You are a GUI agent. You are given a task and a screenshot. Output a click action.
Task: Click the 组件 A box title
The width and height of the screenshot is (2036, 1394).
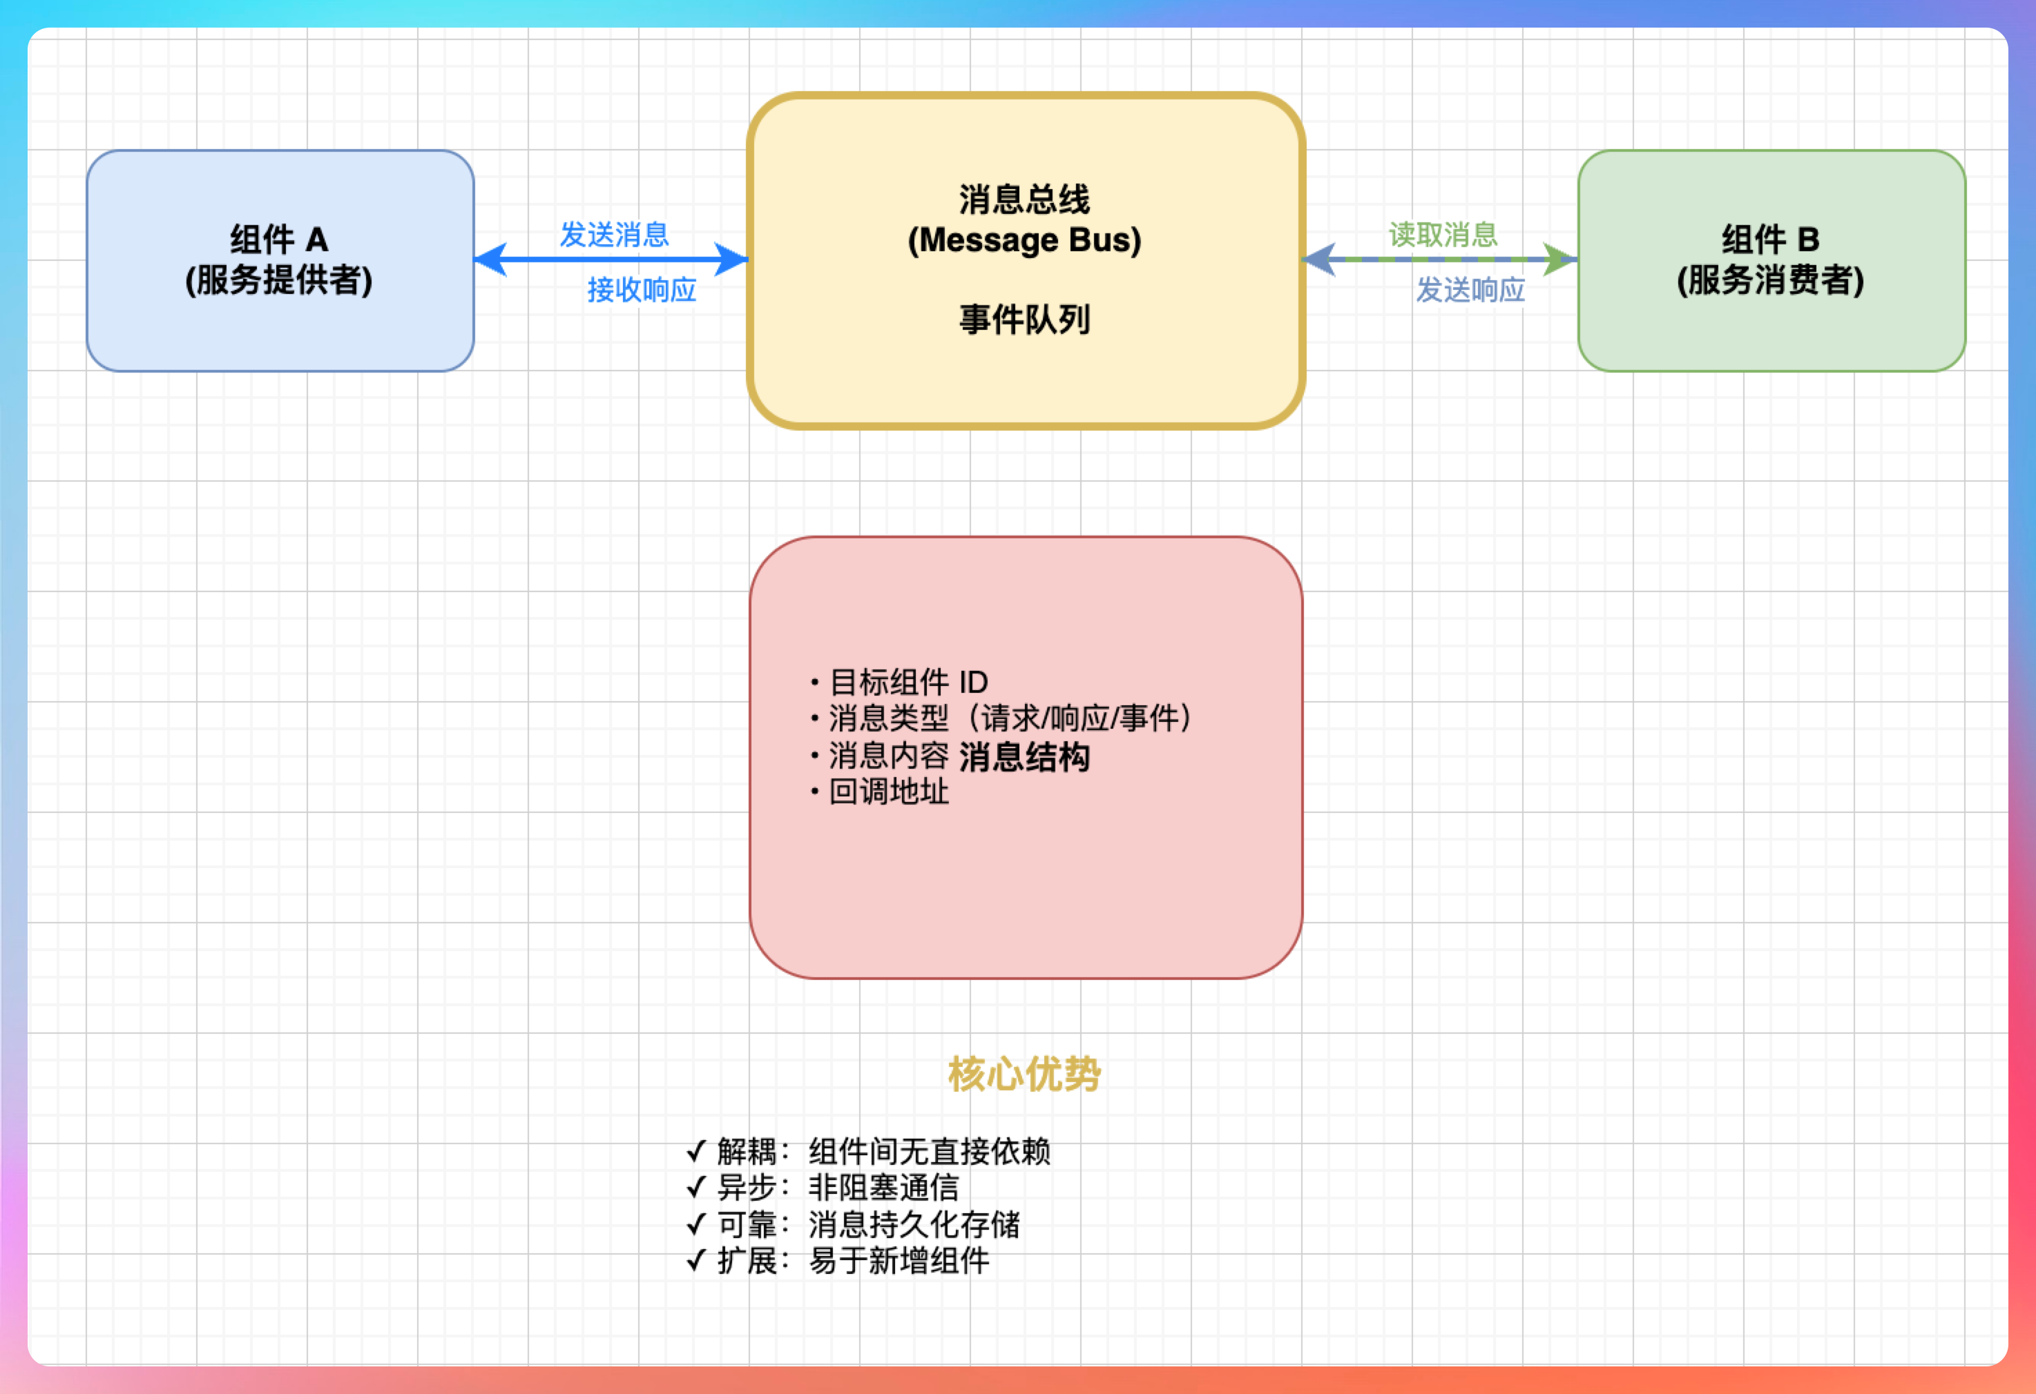(278, 239)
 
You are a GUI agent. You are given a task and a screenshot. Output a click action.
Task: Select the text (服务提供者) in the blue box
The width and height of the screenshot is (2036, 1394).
(278, 280)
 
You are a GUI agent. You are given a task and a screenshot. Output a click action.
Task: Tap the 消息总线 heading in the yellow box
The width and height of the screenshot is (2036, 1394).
(1024, 199)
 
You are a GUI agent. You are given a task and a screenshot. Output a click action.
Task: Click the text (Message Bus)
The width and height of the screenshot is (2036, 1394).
(1024, 240)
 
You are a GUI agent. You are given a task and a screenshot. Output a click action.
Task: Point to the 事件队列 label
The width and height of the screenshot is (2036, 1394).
(1024, 320)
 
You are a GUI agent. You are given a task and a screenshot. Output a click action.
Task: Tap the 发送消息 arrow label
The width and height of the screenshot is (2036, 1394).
(614, 235)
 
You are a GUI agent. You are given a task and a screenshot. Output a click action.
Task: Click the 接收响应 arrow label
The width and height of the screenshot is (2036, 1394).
(642, 290)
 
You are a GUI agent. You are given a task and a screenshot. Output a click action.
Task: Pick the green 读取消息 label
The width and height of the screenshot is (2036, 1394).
(1443, 235)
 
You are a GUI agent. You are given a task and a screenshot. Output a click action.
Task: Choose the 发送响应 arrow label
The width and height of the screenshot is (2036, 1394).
(1470, 290)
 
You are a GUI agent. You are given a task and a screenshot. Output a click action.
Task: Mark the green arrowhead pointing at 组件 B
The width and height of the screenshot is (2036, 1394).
(1559, 259)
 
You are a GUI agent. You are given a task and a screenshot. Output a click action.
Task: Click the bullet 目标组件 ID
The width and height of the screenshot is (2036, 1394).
(907, 681)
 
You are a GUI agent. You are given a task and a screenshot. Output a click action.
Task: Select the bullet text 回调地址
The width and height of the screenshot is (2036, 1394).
(888, 792)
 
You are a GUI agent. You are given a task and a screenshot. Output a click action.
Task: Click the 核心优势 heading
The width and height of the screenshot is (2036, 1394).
(1024, 1074)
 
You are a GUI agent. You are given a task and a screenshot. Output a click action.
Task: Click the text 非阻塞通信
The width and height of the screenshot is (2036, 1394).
(883, 1188)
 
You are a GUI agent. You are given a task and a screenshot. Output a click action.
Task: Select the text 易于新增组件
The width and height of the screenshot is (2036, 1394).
(899, 1261)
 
